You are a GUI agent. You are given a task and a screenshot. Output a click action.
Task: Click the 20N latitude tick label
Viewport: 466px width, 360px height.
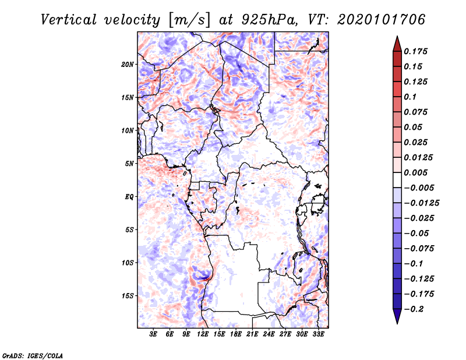[128, 65]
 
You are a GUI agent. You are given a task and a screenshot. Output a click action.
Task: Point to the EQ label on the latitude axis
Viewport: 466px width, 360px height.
[129, 197]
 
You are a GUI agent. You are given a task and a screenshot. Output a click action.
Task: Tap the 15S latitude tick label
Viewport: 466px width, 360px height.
[128, 296]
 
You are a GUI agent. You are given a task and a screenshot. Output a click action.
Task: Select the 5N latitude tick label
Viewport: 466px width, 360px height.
[129, 164]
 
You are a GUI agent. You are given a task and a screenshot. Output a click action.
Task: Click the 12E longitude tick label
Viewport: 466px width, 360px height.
[202, 334]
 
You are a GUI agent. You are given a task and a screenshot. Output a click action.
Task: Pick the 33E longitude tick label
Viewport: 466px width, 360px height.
[318, 334]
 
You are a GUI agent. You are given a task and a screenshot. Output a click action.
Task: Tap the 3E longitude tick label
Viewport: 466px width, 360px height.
[153, 334]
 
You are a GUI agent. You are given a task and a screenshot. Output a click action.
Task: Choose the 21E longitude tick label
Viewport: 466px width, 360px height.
[252, 334]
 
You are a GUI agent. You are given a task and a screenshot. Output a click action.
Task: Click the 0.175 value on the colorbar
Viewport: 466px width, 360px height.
[415, 51]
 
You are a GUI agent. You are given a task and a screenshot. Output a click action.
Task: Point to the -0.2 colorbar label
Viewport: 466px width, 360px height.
[414, 309]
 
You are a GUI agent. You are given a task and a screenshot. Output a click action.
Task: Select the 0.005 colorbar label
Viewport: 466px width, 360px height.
[415, 172]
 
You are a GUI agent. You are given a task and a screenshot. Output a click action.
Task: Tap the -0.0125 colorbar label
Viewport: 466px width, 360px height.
[421, 203]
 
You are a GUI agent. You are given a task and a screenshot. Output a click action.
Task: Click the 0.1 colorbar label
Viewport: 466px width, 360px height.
[410, 97]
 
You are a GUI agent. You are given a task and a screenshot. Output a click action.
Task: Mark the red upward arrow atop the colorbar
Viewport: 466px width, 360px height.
[397, 44]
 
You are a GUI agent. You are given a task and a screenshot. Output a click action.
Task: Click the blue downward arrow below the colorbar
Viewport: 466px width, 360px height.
[397, 316]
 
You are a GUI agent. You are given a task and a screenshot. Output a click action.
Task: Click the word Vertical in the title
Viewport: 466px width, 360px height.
[69, 20]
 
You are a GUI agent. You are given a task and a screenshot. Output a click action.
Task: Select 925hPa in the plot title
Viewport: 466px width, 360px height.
[270, 20]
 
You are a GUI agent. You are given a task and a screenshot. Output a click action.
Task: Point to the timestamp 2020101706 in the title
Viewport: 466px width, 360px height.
[382, 20]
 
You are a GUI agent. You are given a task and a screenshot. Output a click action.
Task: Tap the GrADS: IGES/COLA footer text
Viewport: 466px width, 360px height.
[33, 355]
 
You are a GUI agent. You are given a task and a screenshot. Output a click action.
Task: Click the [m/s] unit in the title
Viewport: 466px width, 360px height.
[190, 20]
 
